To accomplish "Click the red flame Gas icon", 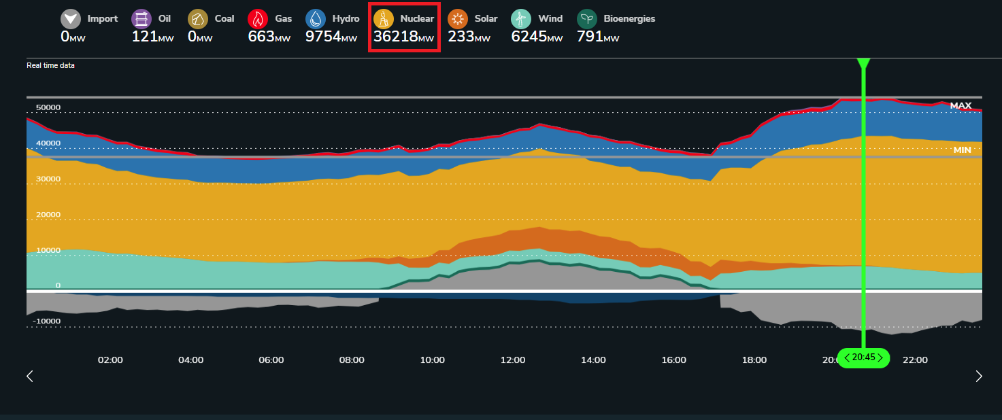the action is coord(258,19).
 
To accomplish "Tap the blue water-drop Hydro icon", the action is coord(316,19).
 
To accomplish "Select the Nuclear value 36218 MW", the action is coord(403,37).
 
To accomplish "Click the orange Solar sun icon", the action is coord(458,19).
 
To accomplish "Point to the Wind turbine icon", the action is coord(521,19).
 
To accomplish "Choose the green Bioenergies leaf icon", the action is coord(587,19).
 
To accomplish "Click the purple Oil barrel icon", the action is coord(141,19).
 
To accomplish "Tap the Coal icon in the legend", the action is coord(198,19).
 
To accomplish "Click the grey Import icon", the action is coord(71,19).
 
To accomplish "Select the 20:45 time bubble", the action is coord(863,358).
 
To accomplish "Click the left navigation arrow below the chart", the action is coord(30,377).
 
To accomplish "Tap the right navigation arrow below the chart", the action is coord(979,377).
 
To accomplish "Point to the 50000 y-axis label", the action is coord(48,107).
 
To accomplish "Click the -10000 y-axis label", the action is coord(46,321).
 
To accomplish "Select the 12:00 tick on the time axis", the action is coord(513,360).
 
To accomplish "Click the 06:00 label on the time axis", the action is coord(271,360).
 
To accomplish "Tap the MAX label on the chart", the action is coord(961,105).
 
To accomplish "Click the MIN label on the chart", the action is coord(962,150).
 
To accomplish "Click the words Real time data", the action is coord(50,65).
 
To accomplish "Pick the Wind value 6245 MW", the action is coord(537,37).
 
